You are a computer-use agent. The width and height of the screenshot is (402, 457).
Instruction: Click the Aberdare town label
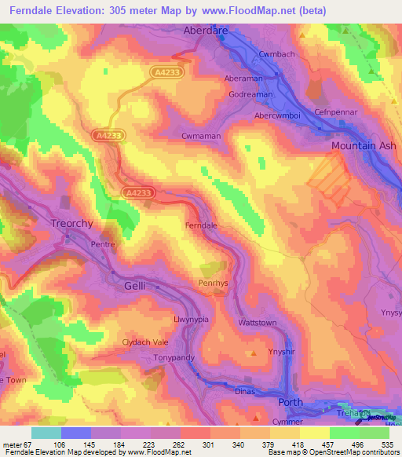(x=205, y=31)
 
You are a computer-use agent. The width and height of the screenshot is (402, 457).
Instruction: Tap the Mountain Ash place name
(x=362, y=146)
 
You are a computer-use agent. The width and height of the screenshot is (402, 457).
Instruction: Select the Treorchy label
(x=72, y=223)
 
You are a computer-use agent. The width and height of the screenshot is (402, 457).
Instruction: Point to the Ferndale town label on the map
(x=200, y=226)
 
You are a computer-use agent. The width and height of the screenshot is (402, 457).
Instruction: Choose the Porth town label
(x=291, y=402)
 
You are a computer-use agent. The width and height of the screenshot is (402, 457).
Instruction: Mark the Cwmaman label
(x=201, y=136)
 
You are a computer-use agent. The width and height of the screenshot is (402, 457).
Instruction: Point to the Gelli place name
(x=135, y=287)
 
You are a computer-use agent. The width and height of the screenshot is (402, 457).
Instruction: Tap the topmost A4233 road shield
(x=163, y=71)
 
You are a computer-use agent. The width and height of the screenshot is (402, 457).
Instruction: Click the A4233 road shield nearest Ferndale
(x=137, y=192)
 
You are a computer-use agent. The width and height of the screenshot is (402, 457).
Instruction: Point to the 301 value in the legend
(x=208, y=444)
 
